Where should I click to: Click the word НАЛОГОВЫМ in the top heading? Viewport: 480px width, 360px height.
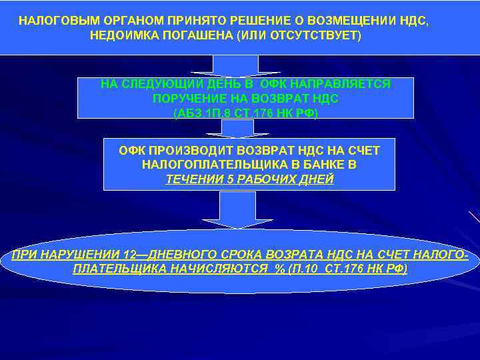point(52,21)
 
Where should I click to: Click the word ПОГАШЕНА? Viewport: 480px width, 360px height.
point(199,35)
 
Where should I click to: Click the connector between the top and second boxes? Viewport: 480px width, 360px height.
point(236,65)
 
